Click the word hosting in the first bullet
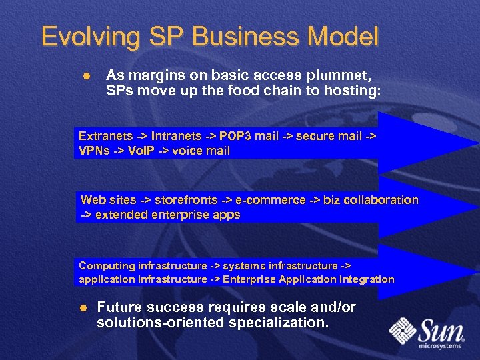(356, 90)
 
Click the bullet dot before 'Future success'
(84, 308)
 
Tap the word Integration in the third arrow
(367, 279)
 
